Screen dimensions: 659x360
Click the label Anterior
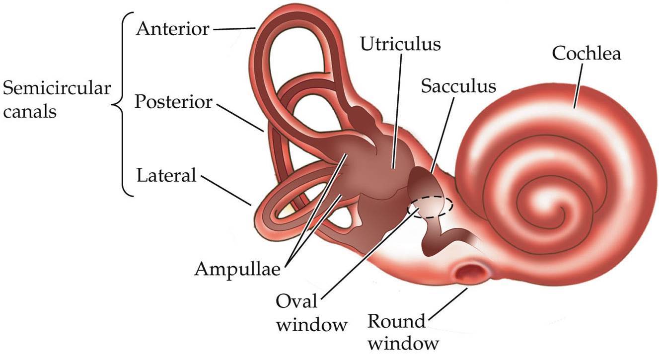(x=173, y=29)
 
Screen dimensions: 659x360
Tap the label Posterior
(x=174, y=103)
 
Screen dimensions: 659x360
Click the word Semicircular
(x=56, y=90)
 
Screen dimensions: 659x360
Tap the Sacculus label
(x=458, y=86)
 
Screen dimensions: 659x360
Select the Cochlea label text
(x=586, y=54)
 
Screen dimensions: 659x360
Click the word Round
(x=397, y=322)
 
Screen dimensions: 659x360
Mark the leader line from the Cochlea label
(x=580, y=85)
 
